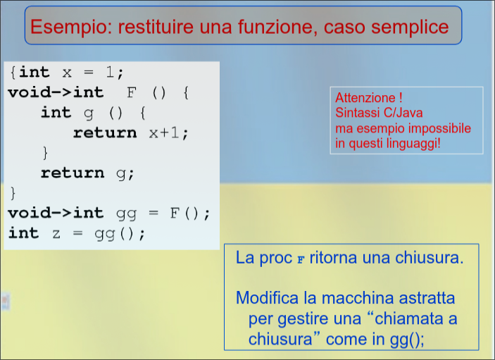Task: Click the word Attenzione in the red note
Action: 365,98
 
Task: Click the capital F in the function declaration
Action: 130,92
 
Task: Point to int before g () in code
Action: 56,113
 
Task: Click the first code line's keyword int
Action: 35,73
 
